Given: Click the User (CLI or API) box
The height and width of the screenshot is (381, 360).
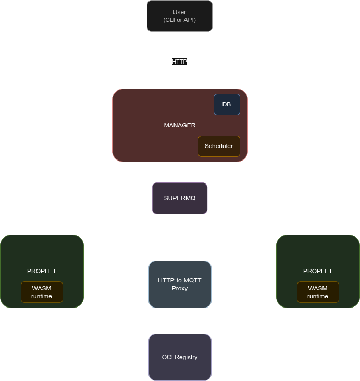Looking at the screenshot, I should [x=180, y=16].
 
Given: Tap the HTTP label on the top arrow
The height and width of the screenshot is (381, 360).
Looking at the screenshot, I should [x=180, y=62].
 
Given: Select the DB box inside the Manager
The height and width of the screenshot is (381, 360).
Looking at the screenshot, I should [x=227, y=104].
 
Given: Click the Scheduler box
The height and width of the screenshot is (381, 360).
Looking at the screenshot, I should [x=219, y=146].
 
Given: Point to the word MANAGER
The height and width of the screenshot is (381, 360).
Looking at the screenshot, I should [x=180, y=125].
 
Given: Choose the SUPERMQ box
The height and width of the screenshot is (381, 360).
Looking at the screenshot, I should [x=180, y=198].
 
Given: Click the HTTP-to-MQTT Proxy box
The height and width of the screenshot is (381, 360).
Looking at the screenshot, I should [x=180, y=284].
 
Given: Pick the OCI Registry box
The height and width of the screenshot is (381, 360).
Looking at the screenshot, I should [x=180, y=357].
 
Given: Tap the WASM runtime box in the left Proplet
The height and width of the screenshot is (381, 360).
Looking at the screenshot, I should [x=42, y=292].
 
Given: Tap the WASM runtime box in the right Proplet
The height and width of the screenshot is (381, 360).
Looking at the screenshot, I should [x=318, y=292].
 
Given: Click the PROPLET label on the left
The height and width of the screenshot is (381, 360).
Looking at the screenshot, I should [x=42, y=271].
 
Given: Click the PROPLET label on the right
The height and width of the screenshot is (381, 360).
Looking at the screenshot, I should [x=318, y=271].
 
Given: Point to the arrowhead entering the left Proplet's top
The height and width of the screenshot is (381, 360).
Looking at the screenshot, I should [x=42, y=232].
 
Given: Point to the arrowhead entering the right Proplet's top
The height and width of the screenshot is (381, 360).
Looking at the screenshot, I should [x=318, y=232].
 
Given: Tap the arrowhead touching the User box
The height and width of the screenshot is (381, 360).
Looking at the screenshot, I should [x=180, y=34].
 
